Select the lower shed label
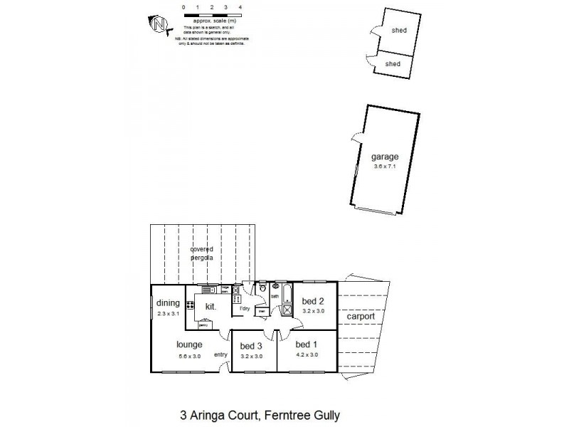(393, 63)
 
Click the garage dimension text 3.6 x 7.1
(384, 167)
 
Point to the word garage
(384, 157)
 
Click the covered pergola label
(201, 254)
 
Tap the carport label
(361, 316)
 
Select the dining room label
(168, 302)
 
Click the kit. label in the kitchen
(211, 307)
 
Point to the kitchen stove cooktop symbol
(190, 306)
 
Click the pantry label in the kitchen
(204, 325)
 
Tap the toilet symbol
(262, 289)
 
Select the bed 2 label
(308, 301)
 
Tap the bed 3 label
(251, 347)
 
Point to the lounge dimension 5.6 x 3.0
(189, 355)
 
